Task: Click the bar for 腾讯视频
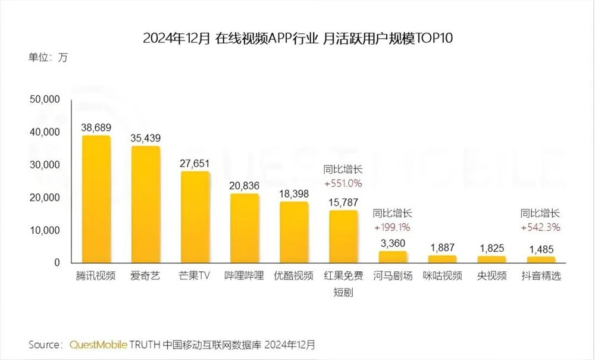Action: click(96, 199)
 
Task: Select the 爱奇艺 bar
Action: click(146, 205)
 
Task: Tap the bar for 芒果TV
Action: click(195, 217)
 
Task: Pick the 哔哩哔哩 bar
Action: click(245, 228)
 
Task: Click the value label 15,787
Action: click(343, 201)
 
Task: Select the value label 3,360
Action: click(393, 242)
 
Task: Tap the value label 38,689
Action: click(96, 127)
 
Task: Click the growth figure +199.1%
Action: click(393, 227)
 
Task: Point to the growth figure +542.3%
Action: click(541, 227)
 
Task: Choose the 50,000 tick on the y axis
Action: click(44, 99)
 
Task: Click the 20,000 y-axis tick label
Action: click(44, 198)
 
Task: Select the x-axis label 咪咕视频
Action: click(442, 277)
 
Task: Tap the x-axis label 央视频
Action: click(491, 277)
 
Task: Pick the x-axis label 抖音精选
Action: click(541, 277)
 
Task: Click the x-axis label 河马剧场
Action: click(393, 277)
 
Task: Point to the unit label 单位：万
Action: click(48, 58)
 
